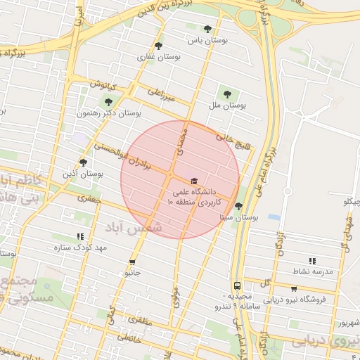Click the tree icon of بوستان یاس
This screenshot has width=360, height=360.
coord(207,29)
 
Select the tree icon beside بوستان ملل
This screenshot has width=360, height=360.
coord(226,94)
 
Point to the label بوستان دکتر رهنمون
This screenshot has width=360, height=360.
coord(109,112)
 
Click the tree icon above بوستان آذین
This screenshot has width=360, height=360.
coord(83,162)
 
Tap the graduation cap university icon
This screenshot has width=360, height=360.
coord(194,181)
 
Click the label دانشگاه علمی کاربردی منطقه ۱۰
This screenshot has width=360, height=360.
coord(193,197)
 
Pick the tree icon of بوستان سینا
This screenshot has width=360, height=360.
coord(239,207)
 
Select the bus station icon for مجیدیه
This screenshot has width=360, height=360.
coord(237,285)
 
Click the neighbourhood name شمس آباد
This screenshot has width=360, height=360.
coord(134,228)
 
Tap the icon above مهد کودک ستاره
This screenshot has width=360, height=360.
coord(80,237)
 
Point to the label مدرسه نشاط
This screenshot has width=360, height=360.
coord(314,271)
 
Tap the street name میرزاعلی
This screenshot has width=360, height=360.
coord(161,93)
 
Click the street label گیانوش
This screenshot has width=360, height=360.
coord(102,84)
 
